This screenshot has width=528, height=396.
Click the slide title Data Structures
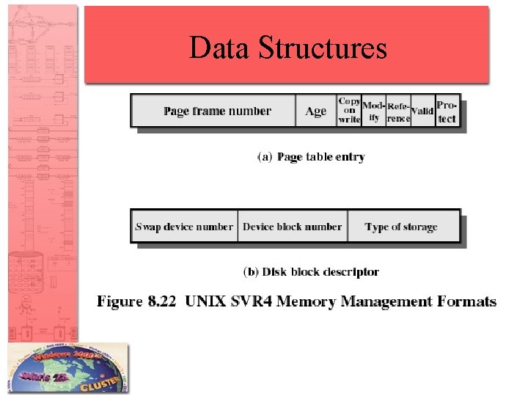(x=287, y=48)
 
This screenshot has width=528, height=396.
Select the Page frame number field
(x=217, y=111)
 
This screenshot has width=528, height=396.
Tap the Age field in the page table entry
(x=315, y=111)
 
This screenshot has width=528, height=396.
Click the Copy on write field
(x=349, y=111)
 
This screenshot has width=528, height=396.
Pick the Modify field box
(x=373, y=111)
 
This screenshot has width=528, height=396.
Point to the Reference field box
(x=398, y=111)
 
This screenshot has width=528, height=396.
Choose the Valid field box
(x=422, y=111)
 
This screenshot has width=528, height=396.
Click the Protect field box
(x=447, y=111)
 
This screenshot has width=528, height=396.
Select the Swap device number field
(x=184, y=227)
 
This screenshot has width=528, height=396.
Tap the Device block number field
(x=292, y=227)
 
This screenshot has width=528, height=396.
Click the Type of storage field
(x=401, y=227)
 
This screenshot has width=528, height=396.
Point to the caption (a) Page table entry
(x=311, y=157)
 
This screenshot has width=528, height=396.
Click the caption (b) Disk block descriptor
(x=311, y=272)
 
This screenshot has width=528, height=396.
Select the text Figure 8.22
(x=138, y=301)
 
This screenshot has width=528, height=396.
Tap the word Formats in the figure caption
(x=466, y=301)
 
